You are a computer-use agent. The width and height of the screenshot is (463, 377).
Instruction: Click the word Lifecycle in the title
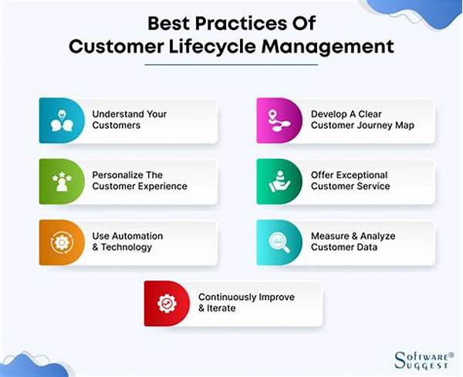click(213, 46)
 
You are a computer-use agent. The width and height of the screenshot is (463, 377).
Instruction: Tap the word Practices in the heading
click(241, 23)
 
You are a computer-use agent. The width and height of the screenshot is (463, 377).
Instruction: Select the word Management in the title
click(328, 47)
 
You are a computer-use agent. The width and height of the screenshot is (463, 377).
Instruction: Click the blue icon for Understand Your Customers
click(62, 120)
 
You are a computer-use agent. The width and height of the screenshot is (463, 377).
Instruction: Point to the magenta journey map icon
click(279, 120)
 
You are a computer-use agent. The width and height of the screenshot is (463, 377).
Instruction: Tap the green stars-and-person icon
click(62, 181)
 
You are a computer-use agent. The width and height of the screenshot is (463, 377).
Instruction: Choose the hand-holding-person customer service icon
click(279, 181)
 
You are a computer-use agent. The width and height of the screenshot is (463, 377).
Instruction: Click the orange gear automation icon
click(62, 243)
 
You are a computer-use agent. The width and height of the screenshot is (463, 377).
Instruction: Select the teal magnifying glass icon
click(279, 243)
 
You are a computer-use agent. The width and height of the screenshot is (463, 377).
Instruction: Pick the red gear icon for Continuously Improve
click(167, 303)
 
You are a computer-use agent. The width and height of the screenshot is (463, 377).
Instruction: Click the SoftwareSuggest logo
click(424, 360)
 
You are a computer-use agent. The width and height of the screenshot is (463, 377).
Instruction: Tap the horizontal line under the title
click(231, 65)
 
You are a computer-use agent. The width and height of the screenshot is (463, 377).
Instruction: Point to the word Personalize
click(117, 175)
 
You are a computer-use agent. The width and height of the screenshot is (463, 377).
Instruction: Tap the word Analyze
click(377, 236)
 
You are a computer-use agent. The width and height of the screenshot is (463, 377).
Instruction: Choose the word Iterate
click(221, 308)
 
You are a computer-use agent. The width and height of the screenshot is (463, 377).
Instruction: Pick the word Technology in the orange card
click(127, 247)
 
